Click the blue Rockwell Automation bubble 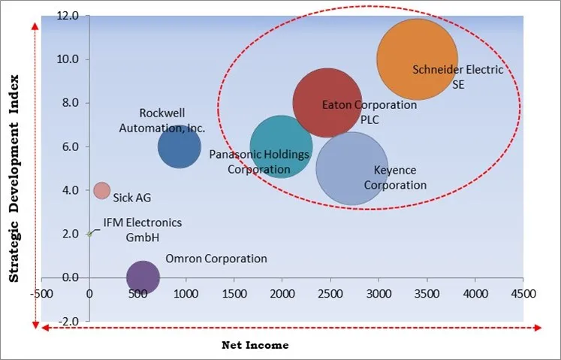tap(179, 147)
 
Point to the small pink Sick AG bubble tap(101, 190)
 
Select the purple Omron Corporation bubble tap(143, 277)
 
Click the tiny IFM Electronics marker tap(89, 234)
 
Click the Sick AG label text tap(132, 198)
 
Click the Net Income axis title tap(255, 345)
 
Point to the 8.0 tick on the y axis tap(70, 103)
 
